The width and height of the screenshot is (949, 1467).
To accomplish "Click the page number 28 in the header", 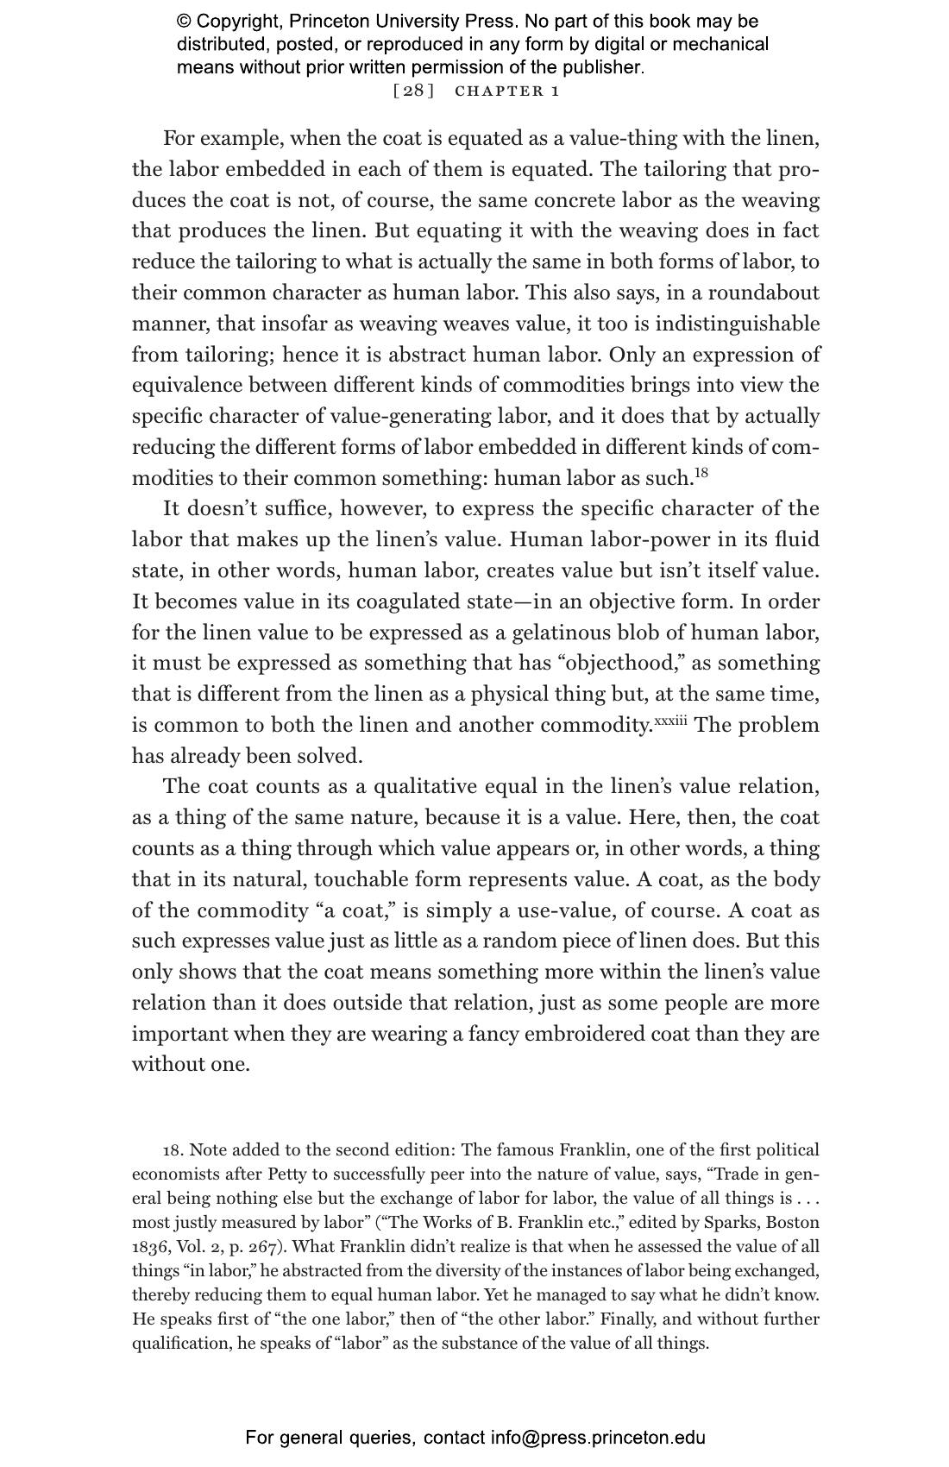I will tap(413, 91).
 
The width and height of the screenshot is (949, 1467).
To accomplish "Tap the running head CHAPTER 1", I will tap(507, 91).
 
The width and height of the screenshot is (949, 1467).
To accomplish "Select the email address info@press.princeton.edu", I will tap(598, 1438).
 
